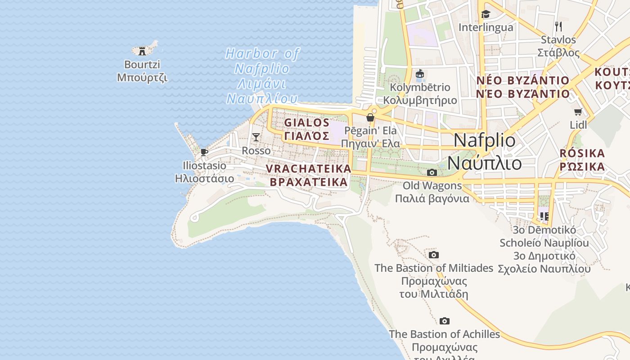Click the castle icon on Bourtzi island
pyautogui.click(x=143, y=50)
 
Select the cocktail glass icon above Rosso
pyautogui.click(x=256, y=137)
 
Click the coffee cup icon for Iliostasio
pyautogui.click(x=204, y=152)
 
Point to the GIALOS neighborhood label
pyautogui.click(x=307, y=123)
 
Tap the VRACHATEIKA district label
pyautogui.click(x=308, y=168)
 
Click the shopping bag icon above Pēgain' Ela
pyautogui.click(x=370, y=117)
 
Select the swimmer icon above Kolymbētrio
pyautogui.click(x=420, y=74)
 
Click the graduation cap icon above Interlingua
pyautogui.click(x=485, y=14)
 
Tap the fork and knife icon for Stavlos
pyautogui.click(x=558, y=26)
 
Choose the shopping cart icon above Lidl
pyautogui.click(x=578, y=112)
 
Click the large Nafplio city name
pyautogui.click(x=485, y=141)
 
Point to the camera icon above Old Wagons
pyautogui.click(x=432, y=172)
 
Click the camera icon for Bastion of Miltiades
pyautogui.click(x=434, y=255)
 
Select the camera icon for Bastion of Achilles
pyautogui.click(x=445, y=321)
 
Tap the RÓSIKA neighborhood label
pyautogui.click(x=582, y=153)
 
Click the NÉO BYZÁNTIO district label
pyautogui.click(x=523, y=81)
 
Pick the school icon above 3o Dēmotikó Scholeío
pyautogui.click(x=544, y=216)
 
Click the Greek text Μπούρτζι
pyautogui.click(x=142, y=77)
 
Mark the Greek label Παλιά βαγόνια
pyautogui.click(x=432, y=198)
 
